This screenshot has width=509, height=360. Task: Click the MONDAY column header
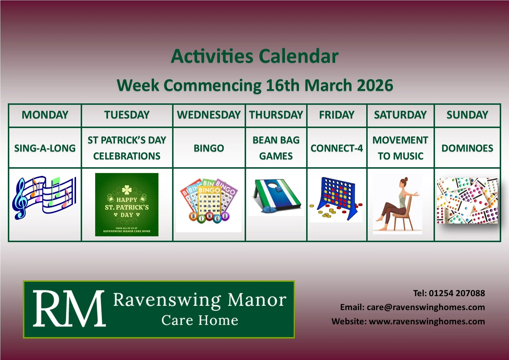45,115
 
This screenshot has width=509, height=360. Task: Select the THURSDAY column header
276,115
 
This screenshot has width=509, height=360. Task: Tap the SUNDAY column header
467,115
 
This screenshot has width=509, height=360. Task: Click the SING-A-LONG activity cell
45,148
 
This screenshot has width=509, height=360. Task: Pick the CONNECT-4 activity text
337,148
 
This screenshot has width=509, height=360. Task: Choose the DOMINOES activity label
467,148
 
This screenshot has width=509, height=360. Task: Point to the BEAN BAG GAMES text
276,148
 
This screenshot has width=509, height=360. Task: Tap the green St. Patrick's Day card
127,205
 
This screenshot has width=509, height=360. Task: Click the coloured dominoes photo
467,201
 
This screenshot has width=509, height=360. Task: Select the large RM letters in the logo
69,309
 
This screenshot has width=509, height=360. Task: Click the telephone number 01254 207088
457,293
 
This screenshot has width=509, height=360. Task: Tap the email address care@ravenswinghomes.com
426,307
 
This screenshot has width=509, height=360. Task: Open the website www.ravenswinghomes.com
427,321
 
